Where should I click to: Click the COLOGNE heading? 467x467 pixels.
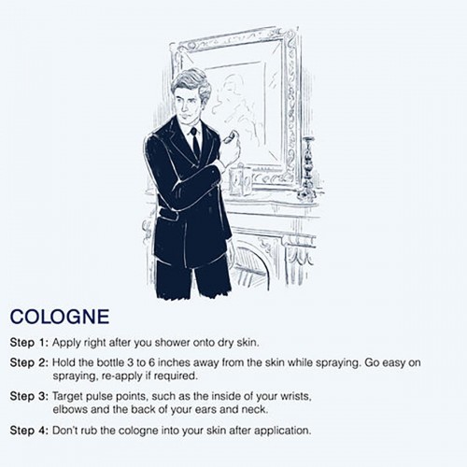[x=60, y=317]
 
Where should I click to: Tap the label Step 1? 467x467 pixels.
[x=29, y=343]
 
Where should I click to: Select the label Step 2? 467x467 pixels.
[x=29, y=362]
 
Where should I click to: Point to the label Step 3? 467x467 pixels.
[x=29, y=396]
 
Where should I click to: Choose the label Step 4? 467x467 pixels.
[x=29, y=431]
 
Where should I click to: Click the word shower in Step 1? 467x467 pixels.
[x=173, y=343]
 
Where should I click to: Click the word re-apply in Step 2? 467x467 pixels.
[x=122, y=376]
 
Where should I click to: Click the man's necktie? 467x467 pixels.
[x=194, y=141]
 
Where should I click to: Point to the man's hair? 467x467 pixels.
[x=191, y=82]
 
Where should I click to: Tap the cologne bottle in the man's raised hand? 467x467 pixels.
[x=232, y=136]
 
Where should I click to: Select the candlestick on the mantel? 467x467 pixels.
[x=308, y=168]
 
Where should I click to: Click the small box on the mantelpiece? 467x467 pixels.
[x=240, y=181]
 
